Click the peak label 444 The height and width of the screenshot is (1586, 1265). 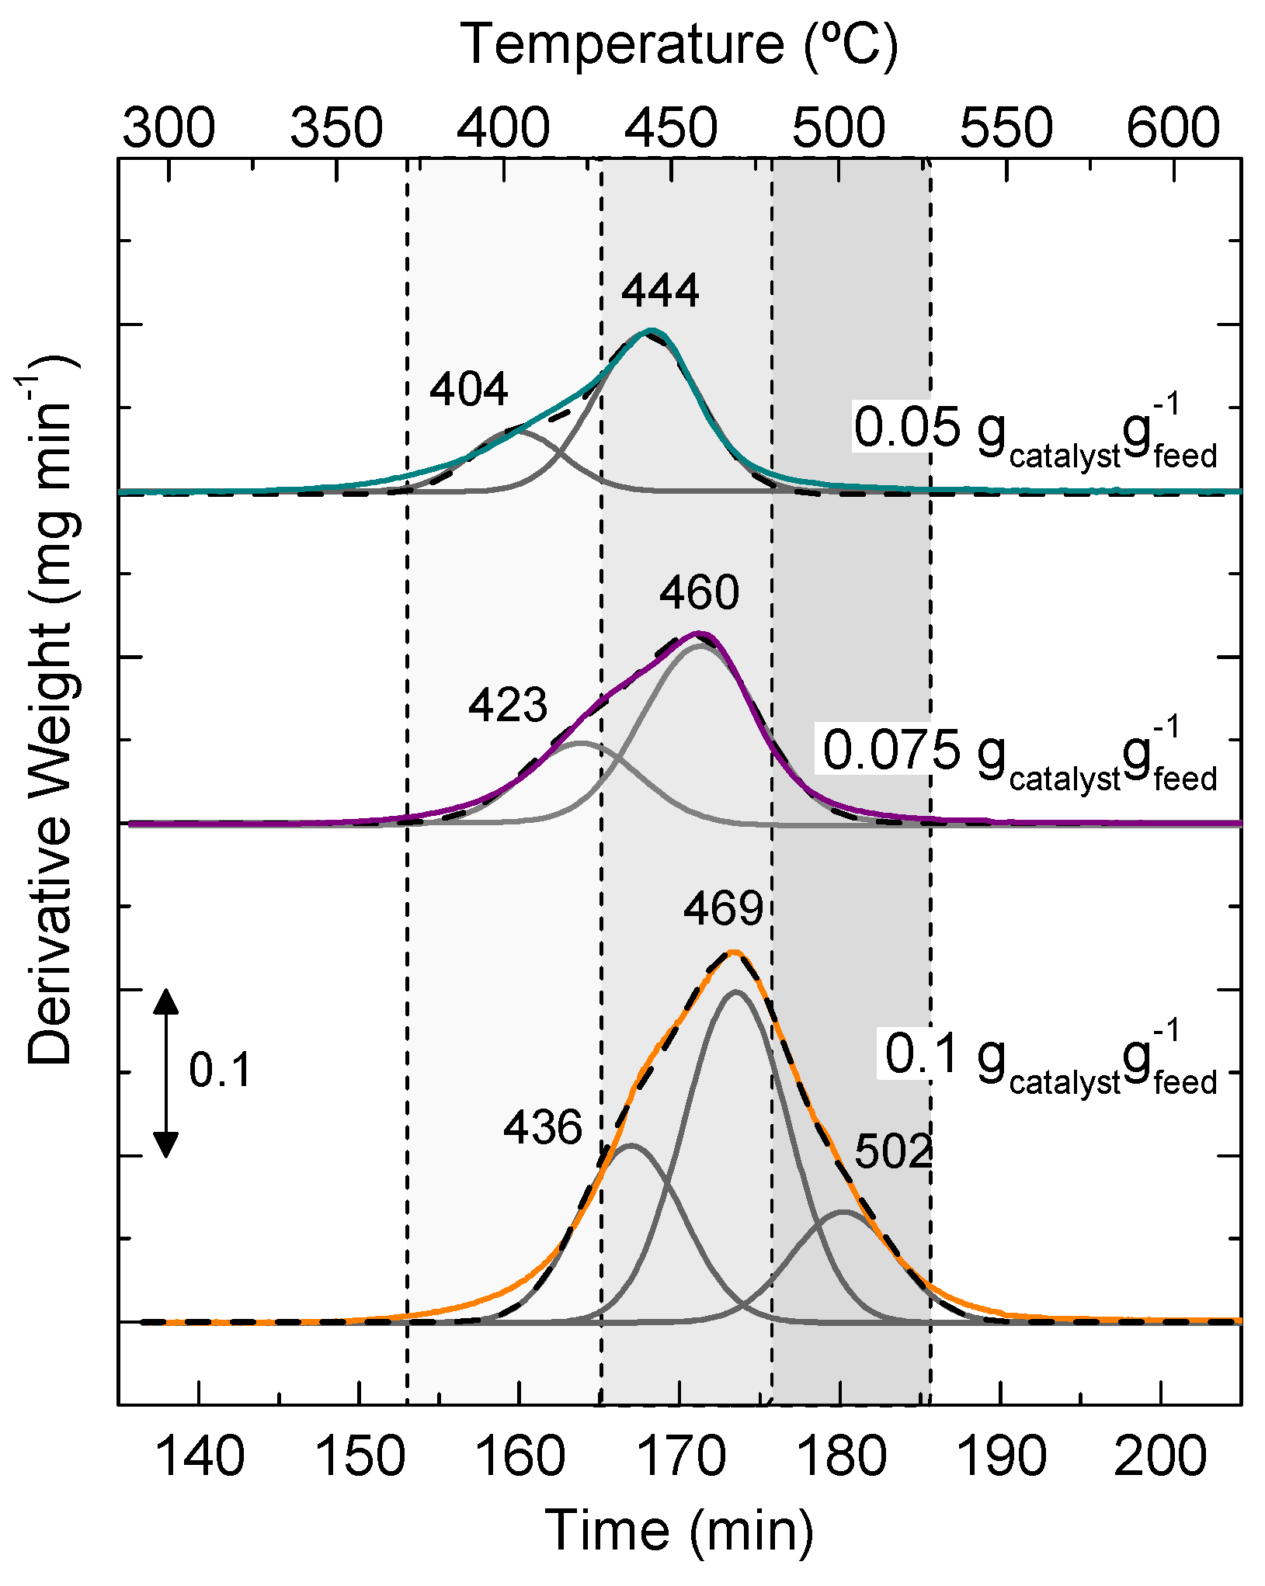(x=660, y=290)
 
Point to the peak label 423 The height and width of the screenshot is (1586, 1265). (x=508, y=705)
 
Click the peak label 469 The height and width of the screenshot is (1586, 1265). (x=723, y=908)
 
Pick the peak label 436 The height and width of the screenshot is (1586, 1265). (x=542, y=1127)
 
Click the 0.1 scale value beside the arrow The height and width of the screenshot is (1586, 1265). (x=220, y=1071)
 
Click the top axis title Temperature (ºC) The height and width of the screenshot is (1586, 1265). (x=679, y=44)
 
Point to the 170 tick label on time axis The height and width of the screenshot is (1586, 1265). (x=679, y=1456)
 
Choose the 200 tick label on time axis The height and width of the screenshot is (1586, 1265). (x=1159, y=1456)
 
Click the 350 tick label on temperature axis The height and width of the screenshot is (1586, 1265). (x=336, y=128)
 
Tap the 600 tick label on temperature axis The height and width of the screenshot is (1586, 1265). (x=1173, y=128)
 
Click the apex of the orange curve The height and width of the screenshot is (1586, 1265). (x=733, y=952)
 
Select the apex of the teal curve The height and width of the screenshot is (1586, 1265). (x=651, y=331)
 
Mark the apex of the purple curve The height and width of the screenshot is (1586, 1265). (x=698, y=633)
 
